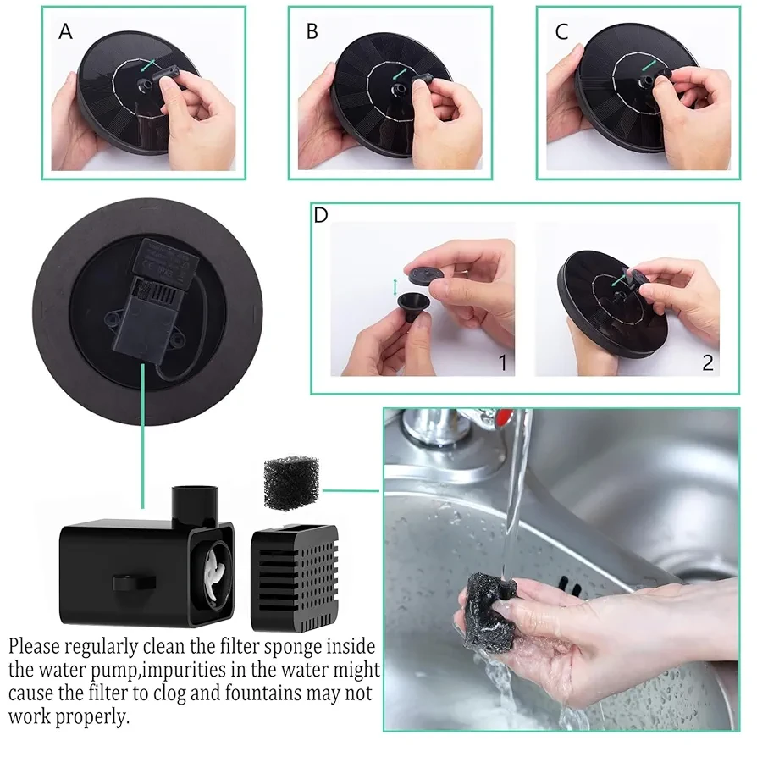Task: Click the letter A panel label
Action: point(65,32)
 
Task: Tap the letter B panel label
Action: point(312,32)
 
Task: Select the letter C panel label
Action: point(561,32)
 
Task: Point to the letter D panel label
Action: point(321,215)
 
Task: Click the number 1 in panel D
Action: point(503,363)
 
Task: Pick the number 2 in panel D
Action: point(708,363)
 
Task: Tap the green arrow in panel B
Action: point(400,74)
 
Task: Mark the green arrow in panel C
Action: point(649,66)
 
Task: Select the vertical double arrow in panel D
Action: point(395,287)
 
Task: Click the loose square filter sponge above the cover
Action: point(291,483)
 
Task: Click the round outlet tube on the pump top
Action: point(195,506)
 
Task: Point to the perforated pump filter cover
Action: point(295,577)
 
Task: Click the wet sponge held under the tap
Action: point(489,610)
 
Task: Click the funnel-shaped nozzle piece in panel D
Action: point(415,306)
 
